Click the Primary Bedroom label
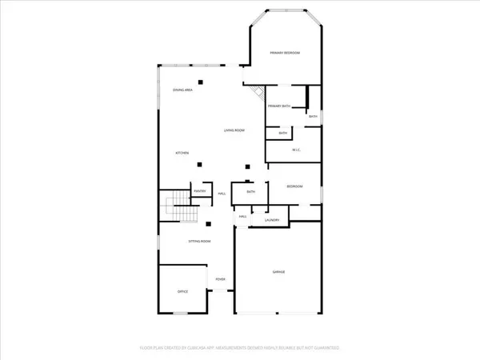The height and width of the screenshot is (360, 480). click(x=285, y=53)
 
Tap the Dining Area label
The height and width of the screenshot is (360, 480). click(x=183, y=90)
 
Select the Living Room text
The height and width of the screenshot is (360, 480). click(x=234, y=130)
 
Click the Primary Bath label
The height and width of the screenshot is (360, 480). click(x=279, y=106)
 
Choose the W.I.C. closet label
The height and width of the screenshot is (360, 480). click(x=295, y=150)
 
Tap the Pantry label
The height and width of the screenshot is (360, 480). click(x=201, y=191)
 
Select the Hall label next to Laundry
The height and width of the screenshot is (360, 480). click(x=242, y=217)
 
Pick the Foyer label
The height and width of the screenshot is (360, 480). click(x=220, y=278)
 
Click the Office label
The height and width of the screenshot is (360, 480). click(x=182, y=293)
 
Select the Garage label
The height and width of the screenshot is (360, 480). click(x=279, y=273)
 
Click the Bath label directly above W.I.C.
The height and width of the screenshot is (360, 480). click(x=282, y=133)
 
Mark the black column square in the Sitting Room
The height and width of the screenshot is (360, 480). click(x=209, y=224)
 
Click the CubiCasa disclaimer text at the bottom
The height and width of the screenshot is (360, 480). click(x=240, y=348)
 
